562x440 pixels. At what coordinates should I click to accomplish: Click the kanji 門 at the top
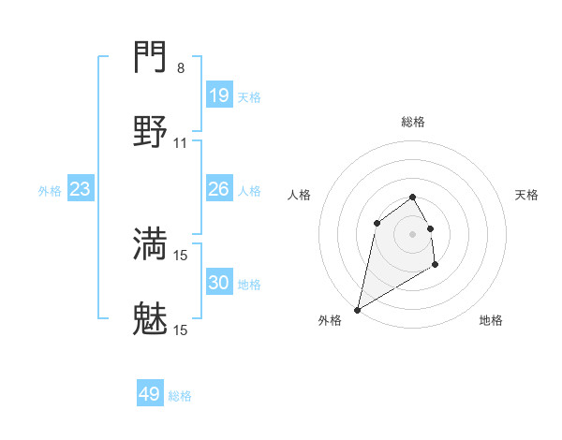coord(151,59)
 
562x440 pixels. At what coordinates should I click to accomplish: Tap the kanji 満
coord(151,243)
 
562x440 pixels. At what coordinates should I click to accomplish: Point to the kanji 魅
coord(151,319)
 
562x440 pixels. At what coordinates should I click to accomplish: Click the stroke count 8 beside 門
coord(181,68)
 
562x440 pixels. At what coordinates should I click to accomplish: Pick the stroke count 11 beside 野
coord(181,143)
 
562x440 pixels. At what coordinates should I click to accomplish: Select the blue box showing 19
coord(218,95)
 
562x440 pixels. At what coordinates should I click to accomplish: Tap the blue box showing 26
coord(218,189)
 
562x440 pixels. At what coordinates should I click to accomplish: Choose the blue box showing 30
coord(218,282)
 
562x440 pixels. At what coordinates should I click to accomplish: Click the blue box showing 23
coord(81,189)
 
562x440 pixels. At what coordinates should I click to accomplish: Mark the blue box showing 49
coord(150,394)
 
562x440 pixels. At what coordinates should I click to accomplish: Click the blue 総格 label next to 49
coord(180,396)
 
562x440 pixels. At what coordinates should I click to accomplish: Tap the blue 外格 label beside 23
coord(50,191)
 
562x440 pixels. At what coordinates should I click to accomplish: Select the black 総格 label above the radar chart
coord(413,123)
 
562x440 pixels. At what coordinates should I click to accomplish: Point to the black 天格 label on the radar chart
coord(526,195)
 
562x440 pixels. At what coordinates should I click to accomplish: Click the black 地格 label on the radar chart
coord(491,320)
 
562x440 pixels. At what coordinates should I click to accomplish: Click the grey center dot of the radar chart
coord(413,234)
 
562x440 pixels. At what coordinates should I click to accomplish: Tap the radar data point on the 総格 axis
coord(413,197)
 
